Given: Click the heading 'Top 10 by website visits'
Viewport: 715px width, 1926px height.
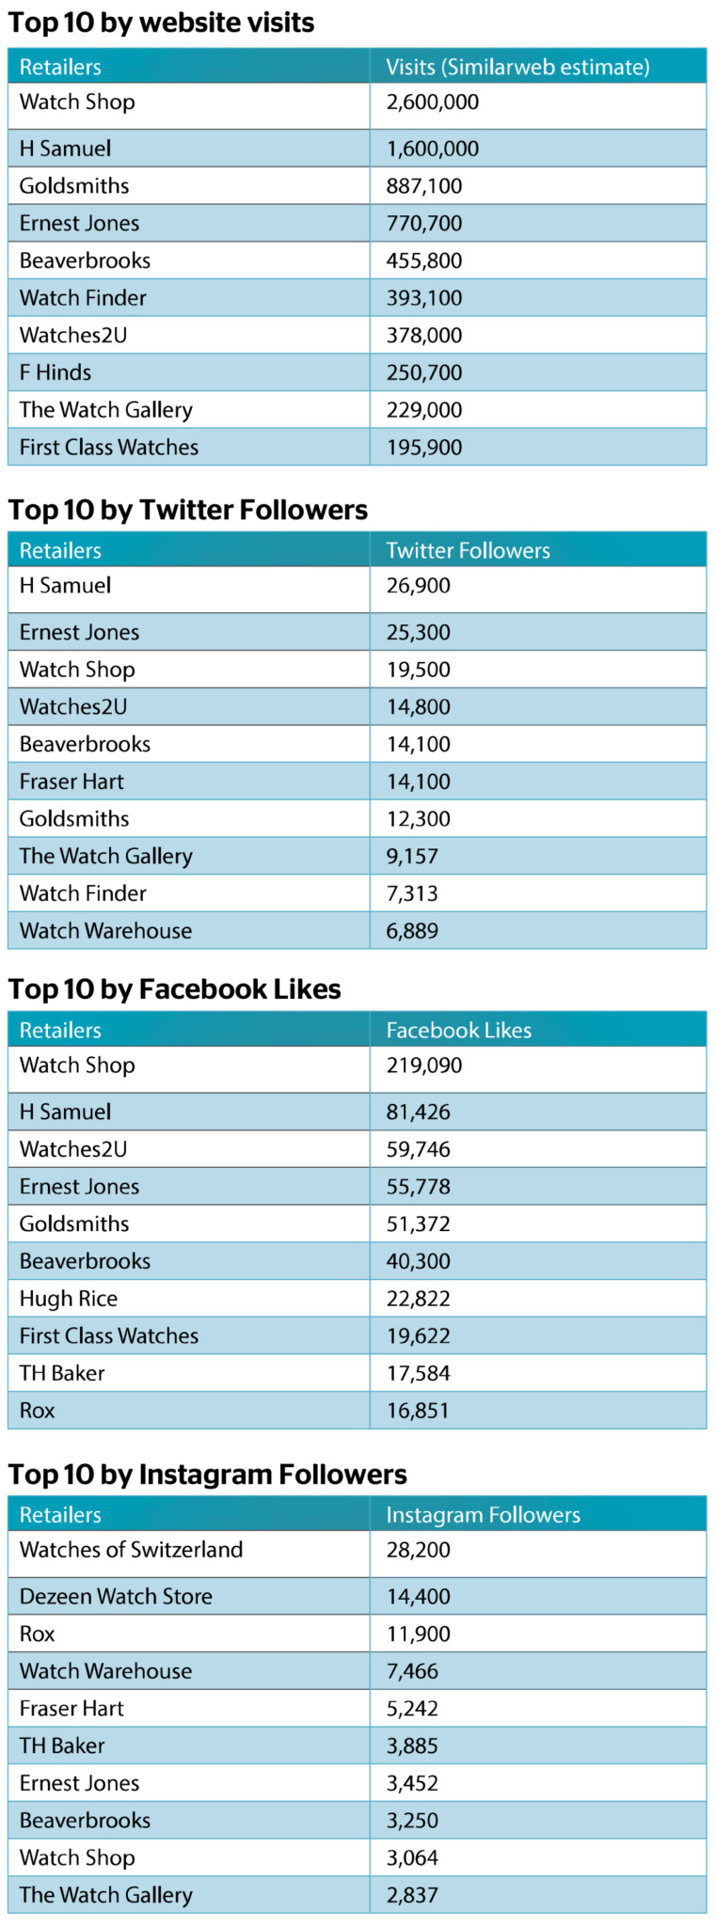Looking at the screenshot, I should pyautogui.click(x=161, y=23).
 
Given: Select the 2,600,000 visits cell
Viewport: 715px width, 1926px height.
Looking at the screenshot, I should pyautogui.click(x=432, y=102).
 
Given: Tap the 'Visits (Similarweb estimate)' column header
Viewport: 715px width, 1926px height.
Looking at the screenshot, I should pyautogui.click(x=517, y=67).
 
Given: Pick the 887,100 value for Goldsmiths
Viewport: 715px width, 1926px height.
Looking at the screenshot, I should pyautogui.click(x=423, y=185).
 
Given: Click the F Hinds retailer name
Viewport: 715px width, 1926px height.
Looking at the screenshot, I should pyautogui.click(x=56, y=372).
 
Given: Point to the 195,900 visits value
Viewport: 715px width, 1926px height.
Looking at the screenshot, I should pyautogui.click(x=423, y=447).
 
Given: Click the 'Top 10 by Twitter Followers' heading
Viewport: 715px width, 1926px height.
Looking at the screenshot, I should pyautogui.click(x=188, y=510).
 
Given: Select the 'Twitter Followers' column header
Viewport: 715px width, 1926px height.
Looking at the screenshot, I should pyautogui.click(x=468, y=550).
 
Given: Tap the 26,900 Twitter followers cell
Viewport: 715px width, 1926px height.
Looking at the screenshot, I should pyautogui.click(x=418, y=585).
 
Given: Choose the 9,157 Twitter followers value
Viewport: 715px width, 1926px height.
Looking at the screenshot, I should pyautogui.click(x=412, y=856).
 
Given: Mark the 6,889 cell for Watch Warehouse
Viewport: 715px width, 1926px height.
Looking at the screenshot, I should pyautogui.click(x=412, y=930).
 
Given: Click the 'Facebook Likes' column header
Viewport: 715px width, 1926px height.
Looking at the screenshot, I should pyautogui.click(x=458, y=1030).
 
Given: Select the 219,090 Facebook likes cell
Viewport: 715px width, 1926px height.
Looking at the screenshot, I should pyautogui.click(x=423, y=1065).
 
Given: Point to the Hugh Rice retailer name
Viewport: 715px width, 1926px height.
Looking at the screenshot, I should pyautogui.click(x=69, y=1299).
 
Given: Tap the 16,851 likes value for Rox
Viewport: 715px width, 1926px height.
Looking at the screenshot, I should pyautogui.click(x=418, y=1411).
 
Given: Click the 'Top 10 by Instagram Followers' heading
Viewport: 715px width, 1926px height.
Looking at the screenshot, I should pyautogui.click(x=207, y=1474).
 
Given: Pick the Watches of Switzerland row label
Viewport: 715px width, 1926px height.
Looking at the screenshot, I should pyautogui.click(x=131, y=1549).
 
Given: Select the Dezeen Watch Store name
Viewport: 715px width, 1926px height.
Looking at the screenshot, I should pyautogui.click(x=116, y=1596).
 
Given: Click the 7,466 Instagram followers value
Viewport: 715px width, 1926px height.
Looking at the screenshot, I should pyautogui.click(x=412, y=1671).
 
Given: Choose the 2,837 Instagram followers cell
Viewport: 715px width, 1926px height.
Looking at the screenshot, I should pyautogui.click(x=412, y=1895).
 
